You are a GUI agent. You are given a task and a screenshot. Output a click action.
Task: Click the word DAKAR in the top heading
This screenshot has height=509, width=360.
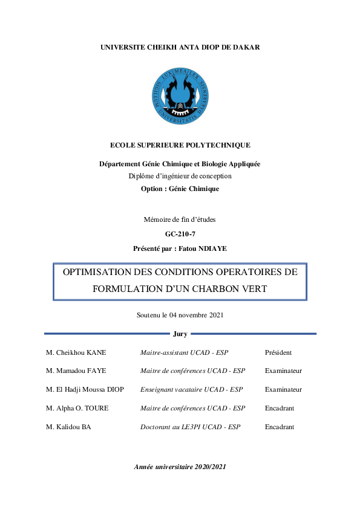(246, 47)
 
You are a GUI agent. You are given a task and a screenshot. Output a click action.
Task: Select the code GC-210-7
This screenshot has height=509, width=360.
(180, 234)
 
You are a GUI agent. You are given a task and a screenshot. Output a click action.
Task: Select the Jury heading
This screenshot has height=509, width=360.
(180, 334)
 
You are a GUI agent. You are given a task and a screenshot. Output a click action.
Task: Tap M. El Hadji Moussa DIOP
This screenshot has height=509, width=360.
(85, 390)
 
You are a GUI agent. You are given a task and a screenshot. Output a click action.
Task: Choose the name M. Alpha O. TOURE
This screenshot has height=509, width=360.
(77, 408)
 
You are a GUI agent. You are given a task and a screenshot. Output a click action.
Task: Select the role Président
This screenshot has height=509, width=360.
(278, 353)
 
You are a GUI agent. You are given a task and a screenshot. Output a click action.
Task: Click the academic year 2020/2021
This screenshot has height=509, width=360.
(206, 467)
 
